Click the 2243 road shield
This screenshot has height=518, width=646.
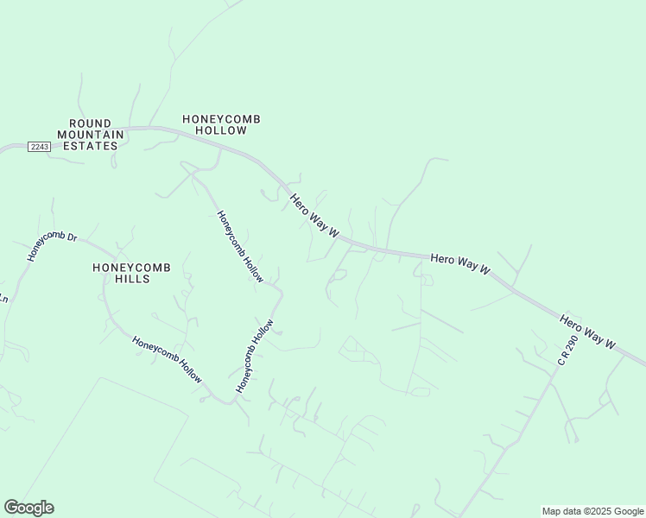click(39, 147)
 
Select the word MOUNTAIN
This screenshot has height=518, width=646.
click(91, 135)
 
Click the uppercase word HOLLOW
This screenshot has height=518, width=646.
click(221, 130)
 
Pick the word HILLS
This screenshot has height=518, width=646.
click(131, 279)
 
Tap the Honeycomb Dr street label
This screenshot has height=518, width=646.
click(52, 247)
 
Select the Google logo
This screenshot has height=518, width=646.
click(28, 508)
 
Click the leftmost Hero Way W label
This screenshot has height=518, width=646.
click(314, 216)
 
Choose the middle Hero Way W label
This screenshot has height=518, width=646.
click(460, 264)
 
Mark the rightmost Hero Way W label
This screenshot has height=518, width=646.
click(587, 332)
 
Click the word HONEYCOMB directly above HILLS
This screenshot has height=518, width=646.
click(131, 268)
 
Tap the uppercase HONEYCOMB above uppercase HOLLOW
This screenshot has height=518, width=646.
click(221, 118)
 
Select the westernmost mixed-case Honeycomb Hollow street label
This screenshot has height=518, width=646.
click(167, 360)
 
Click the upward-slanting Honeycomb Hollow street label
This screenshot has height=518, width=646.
click(255, 357)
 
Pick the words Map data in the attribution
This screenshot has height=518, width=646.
click(560, 512)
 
